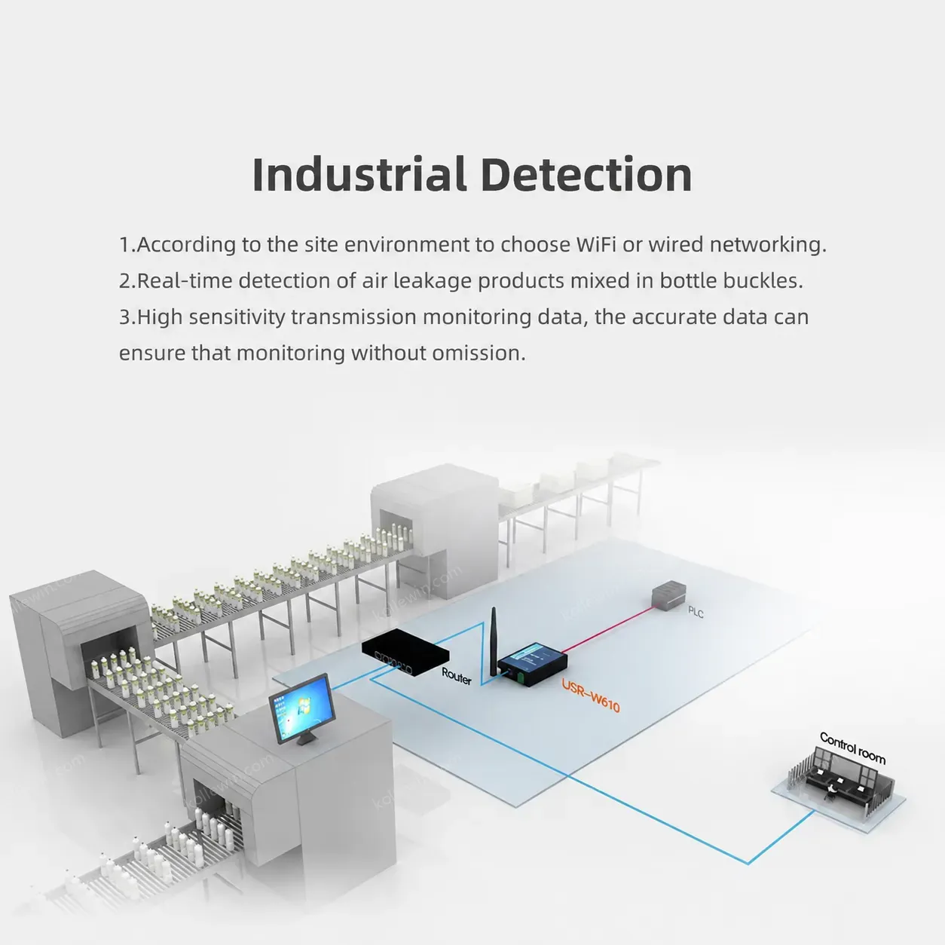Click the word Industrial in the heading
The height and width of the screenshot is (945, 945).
359,174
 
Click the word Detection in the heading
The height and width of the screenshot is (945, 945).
586,174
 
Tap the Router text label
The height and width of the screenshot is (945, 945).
456,676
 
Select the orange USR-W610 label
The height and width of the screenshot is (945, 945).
591,696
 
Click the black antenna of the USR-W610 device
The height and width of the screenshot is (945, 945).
494,641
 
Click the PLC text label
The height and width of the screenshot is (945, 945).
696,612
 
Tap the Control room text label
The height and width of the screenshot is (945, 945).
852,748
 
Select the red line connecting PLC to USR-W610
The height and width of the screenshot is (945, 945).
608,630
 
